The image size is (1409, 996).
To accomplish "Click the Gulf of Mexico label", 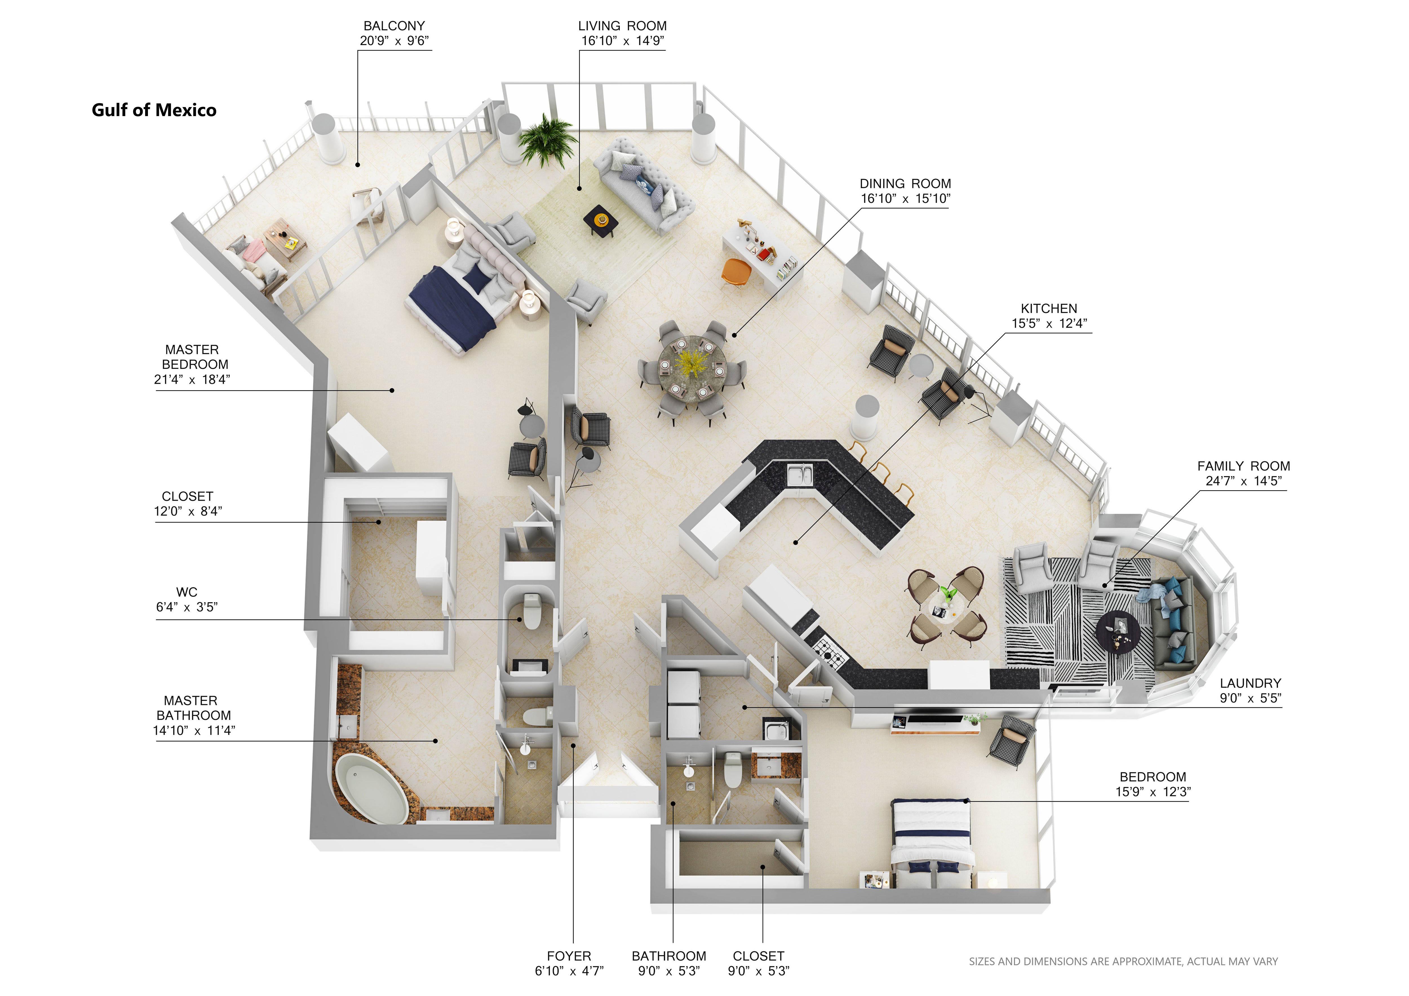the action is pyautogui.click(x=154, y=110).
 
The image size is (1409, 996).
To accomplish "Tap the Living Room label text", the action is pyautogui.click(x=622, y=26).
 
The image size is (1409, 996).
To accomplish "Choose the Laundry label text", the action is pyautogui.click(x=1250, y=683).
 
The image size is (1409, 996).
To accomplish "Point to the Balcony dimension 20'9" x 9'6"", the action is pyautogui.click(x=394, y=41).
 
